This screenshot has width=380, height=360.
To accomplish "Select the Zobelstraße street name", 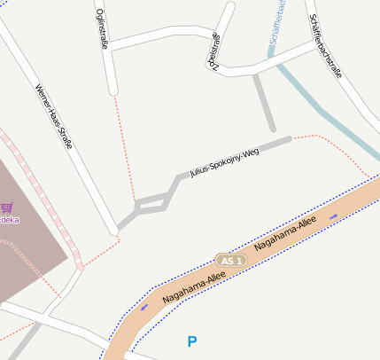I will (x=213, y=49).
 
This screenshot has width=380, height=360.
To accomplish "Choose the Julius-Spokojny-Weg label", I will (x=224, y=162).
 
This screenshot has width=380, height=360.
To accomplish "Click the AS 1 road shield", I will (x=230, y=261).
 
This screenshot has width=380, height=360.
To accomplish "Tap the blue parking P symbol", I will (x=192, y=341).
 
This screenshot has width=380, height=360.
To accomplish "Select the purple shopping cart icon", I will (x=6, y=207).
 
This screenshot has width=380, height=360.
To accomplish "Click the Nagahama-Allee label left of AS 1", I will (x=194, y=289).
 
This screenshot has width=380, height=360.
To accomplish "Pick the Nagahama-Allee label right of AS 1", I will (x=285, y=237).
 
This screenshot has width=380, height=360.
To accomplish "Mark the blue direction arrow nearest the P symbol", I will (x=143, y=308).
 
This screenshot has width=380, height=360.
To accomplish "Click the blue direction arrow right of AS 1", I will (x=334, y=215).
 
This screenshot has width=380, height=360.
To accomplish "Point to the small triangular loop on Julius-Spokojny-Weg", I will (x=152, y=203).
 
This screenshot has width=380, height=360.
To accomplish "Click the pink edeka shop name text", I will (x=9, y=219).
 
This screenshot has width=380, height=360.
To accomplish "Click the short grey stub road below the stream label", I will (x=264, y=101).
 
